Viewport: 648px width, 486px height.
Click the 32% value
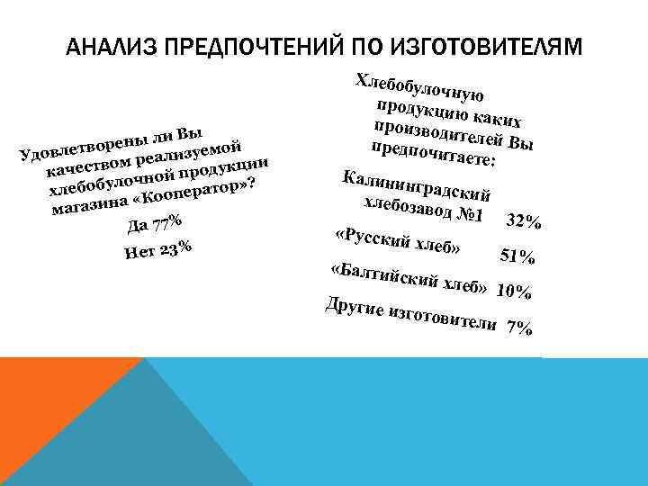[x=523, y=221]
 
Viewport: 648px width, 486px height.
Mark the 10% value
[x=517, y=292]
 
